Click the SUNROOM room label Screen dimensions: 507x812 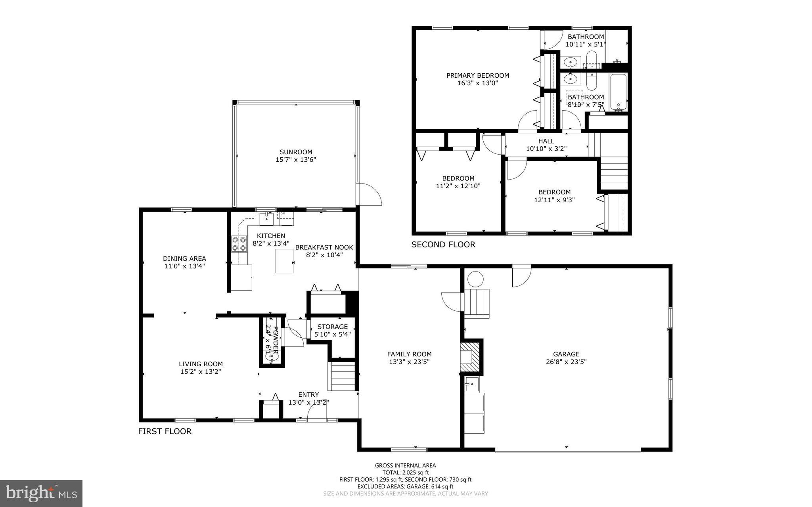296,152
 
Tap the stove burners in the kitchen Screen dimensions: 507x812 239,244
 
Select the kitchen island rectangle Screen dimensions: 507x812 285,261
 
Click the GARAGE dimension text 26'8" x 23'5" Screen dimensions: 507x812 566,362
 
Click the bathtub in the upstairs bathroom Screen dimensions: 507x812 618,92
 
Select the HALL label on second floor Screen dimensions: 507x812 546,141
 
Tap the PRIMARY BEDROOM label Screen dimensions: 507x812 477,75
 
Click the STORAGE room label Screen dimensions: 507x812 332,327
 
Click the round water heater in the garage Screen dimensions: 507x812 475,279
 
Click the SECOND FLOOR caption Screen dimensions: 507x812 443,245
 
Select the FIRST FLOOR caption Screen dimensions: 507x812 165,431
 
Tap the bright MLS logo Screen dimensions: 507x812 41,493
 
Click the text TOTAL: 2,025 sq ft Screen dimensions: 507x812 405,473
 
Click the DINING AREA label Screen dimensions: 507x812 184,259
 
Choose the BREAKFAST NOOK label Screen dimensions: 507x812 324,247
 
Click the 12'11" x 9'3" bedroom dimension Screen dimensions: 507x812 554,200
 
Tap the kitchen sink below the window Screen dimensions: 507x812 266,218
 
